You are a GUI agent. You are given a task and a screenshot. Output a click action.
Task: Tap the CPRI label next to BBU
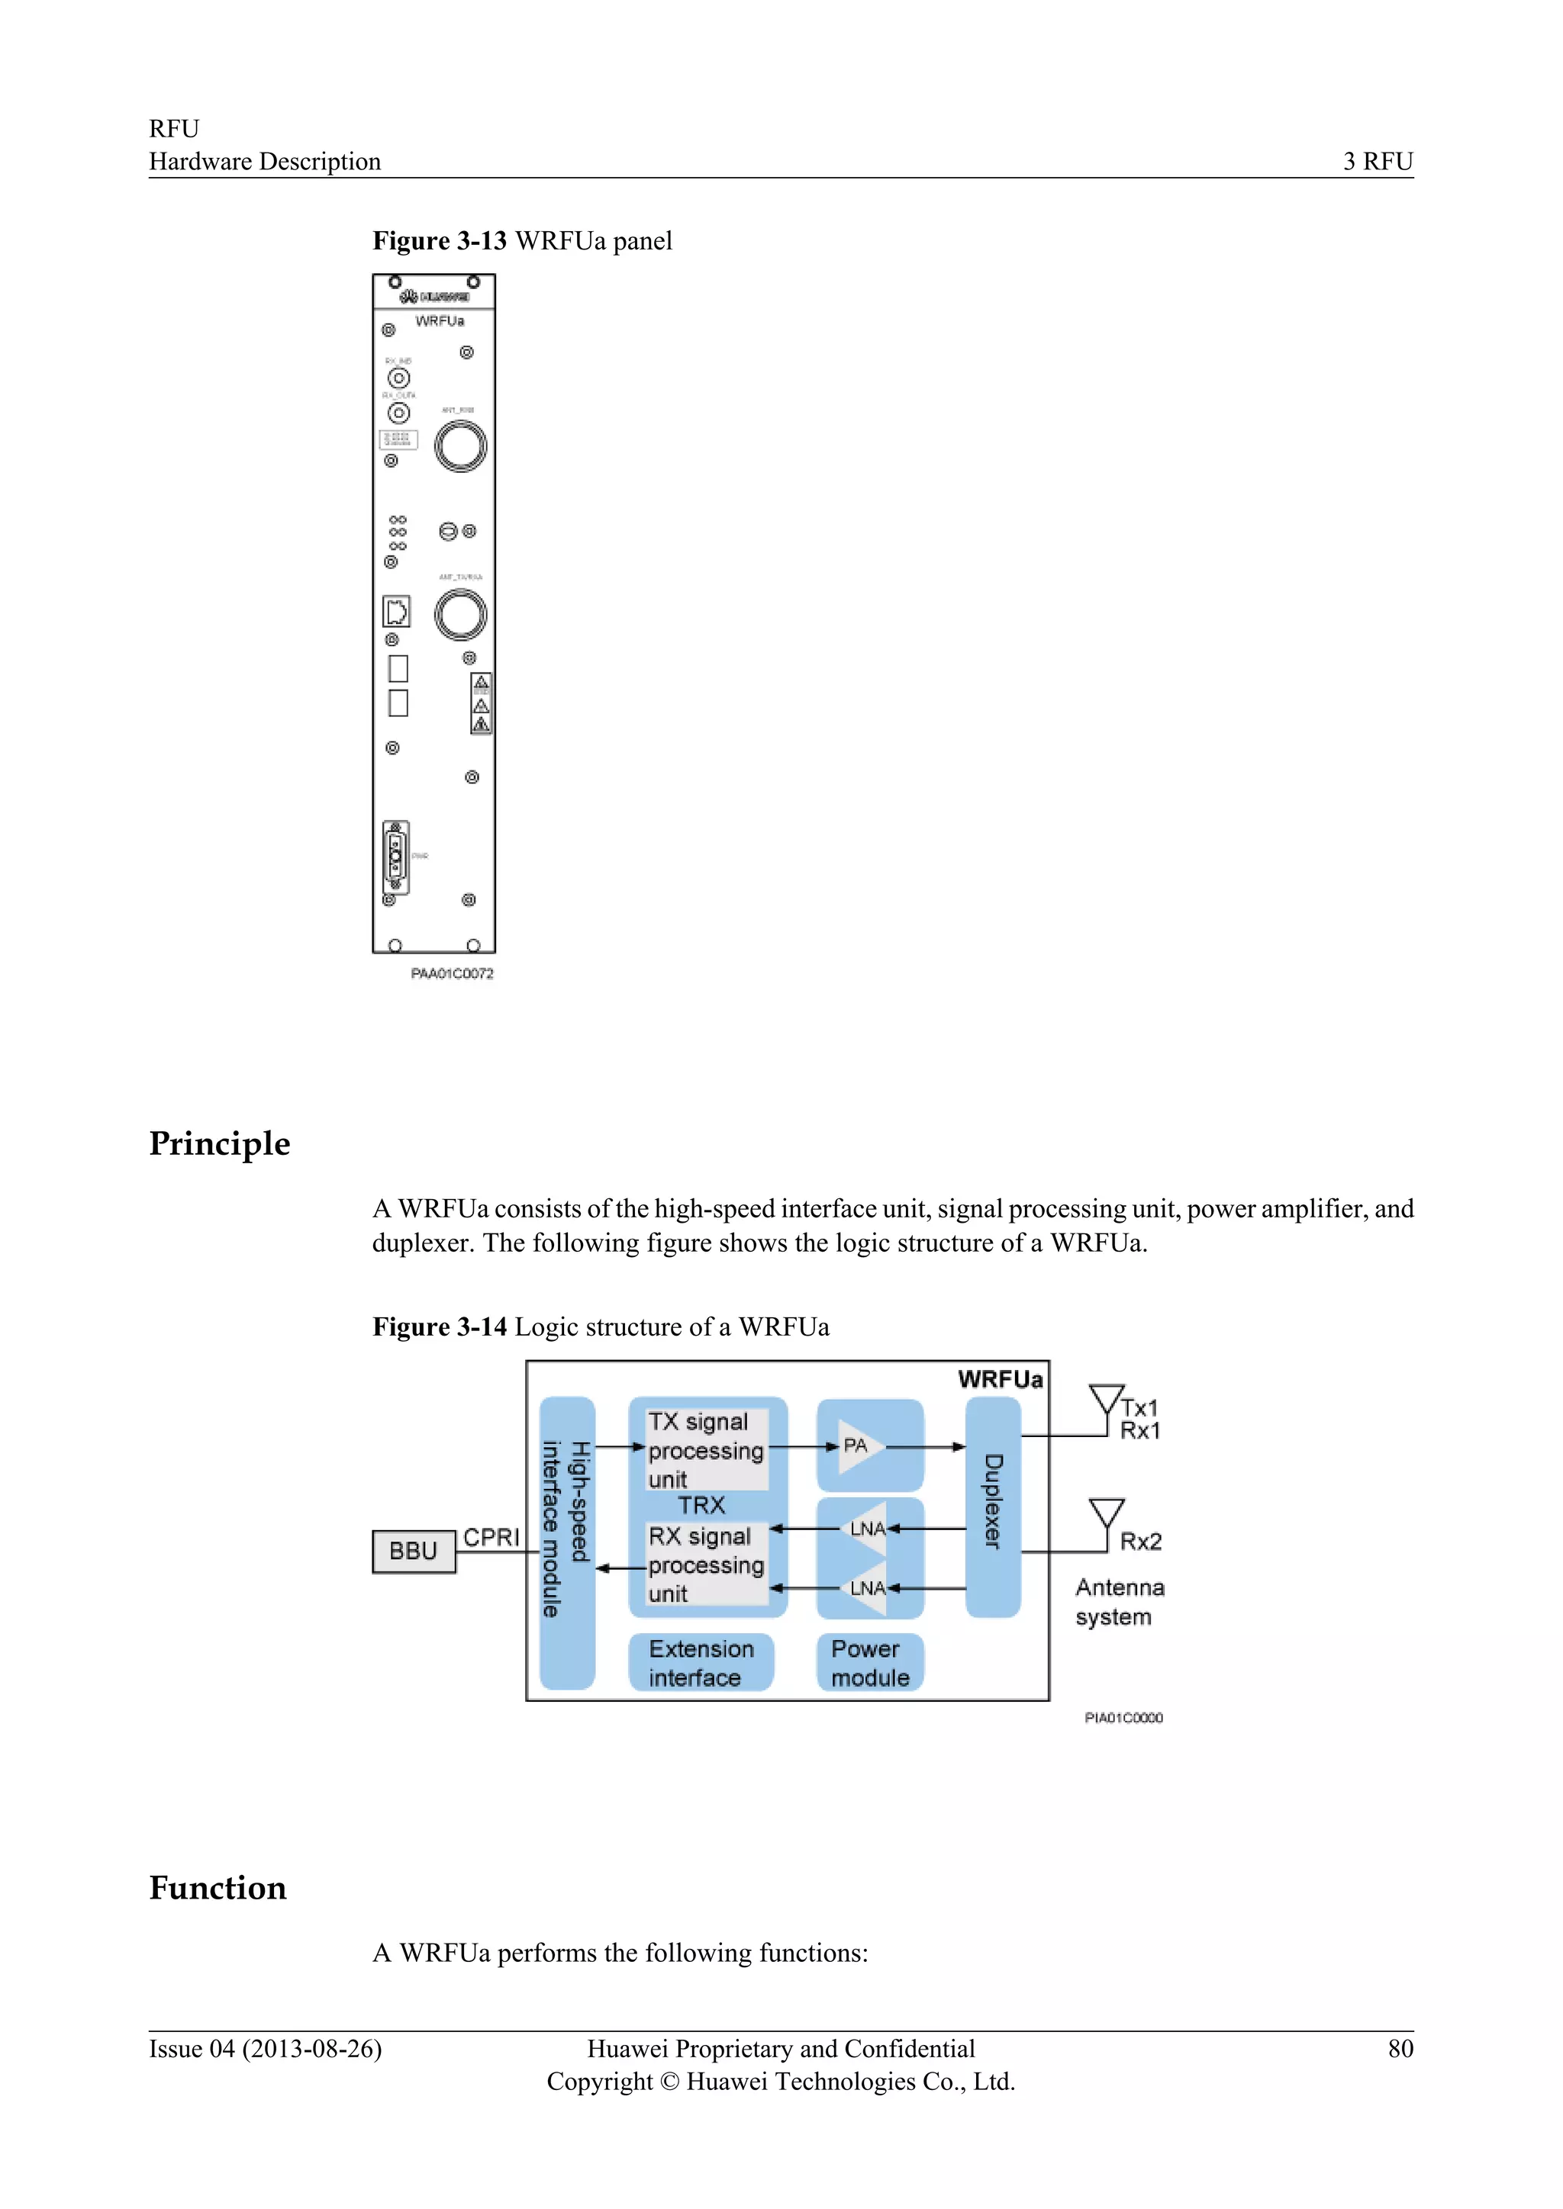[x=491, y=1538]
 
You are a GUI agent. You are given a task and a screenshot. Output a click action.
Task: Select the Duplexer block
[x=993, y=1506]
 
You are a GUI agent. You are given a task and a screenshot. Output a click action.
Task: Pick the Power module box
[x=870, y=1663]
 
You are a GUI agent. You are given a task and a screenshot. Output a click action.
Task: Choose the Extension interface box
[x=701, y=1663]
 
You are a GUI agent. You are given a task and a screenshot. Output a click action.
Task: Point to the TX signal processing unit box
[x=707, y=1450]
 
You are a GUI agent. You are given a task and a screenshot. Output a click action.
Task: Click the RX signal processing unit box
[x=707, y=1564]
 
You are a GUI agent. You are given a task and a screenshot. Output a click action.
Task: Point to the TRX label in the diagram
[x=701, y=1505]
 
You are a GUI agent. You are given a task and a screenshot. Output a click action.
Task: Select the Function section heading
[x=218, y=1888]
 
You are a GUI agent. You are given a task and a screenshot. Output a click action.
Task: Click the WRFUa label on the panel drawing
[x=440, y=320]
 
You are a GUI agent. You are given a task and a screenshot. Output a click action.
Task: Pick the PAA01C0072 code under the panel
[x=453, y=973]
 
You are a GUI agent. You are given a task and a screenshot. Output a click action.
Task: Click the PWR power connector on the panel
[x=395, y=857]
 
